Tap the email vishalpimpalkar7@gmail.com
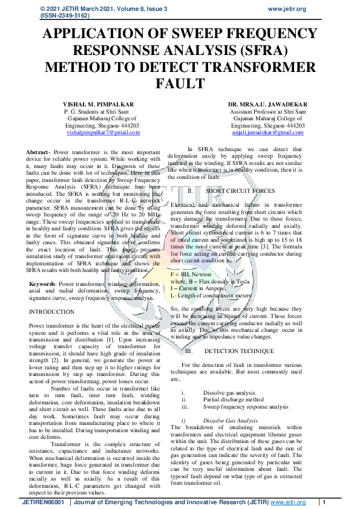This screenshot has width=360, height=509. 103,132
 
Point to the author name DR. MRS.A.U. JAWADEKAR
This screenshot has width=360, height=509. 267,104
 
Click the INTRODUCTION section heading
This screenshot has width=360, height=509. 51,312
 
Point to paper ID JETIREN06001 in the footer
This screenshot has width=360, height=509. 43,502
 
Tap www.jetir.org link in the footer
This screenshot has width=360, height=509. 288,502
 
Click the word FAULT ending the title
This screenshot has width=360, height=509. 180,82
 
